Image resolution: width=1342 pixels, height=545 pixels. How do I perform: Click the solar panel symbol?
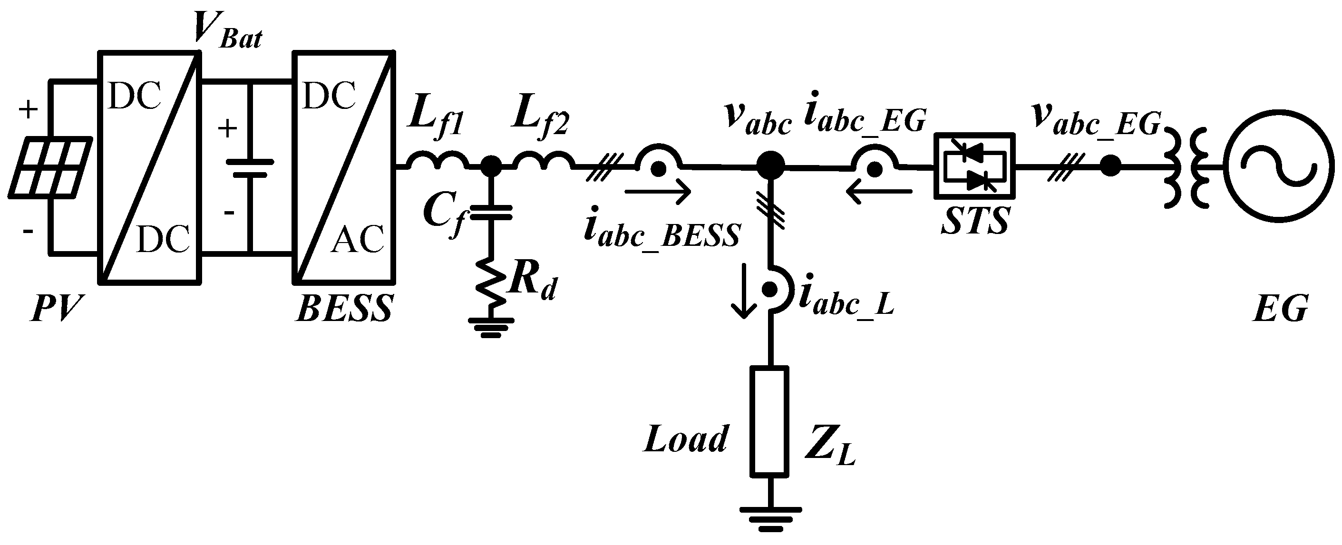click(x=51, y=167)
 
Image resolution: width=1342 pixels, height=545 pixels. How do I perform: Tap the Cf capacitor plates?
click(x=490, y=212)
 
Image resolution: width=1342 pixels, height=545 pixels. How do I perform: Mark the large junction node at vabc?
click(x=770, y=166)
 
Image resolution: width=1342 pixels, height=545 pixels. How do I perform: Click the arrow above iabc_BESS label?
click(x=658, y=192)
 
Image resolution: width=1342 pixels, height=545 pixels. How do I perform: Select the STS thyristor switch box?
click(x=975, y=166)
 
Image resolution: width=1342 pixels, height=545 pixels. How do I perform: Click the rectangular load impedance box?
click(x=769, y=421)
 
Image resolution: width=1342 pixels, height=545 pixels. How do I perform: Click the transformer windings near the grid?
click(x=1188, y=167)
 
